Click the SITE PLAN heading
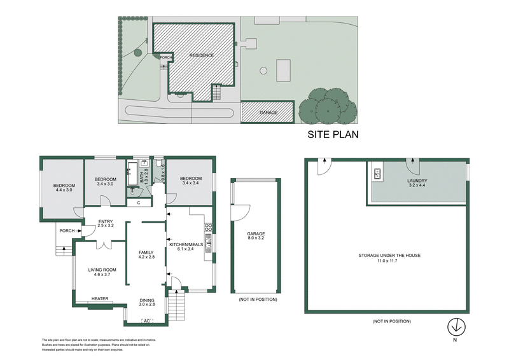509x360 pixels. coord(333,134)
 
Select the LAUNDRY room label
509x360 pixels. coord(417,183)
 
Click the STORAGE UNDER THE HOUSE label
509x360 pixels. coord(389,258)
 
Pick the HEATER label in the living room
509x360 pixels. coord(100,299)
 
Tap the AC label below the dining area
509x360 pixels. coord(147,320)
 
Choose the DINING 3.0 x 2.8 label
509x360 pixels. coord(147,303)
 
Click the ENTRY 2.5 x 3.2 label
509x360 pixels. coord(105,223)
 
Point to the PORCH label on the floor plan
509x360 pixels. coord(66,231)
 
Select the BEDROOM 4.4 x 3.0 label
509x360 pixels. coord(64,188)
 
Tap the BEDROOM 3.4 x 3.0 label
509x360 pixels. coord(105,182)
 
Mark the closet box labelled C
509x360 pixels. coord(139,203)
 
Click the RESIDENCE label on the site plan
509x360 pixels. coord(201,55)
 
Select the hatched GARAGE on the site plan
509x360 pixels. coord(267,112)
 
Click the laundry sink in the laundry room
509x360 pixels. coord(377,172)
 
